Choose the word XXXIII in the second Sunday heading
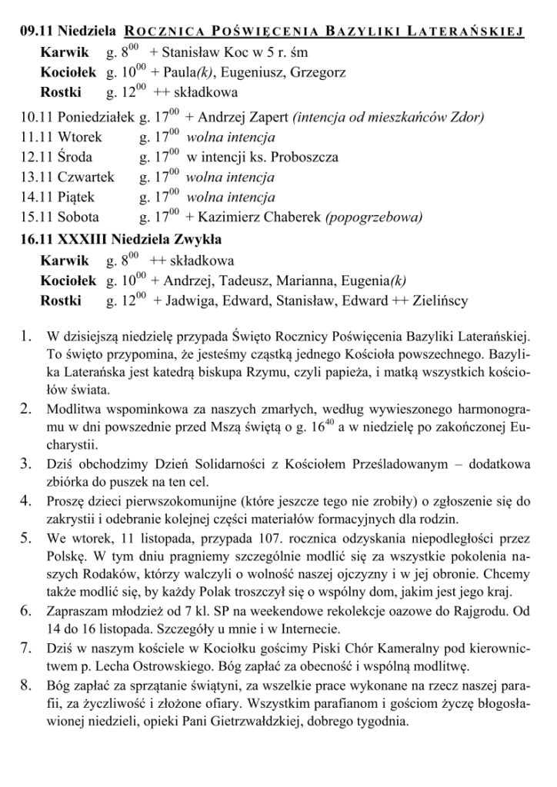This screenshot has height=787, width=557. [x=81, y=239]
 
